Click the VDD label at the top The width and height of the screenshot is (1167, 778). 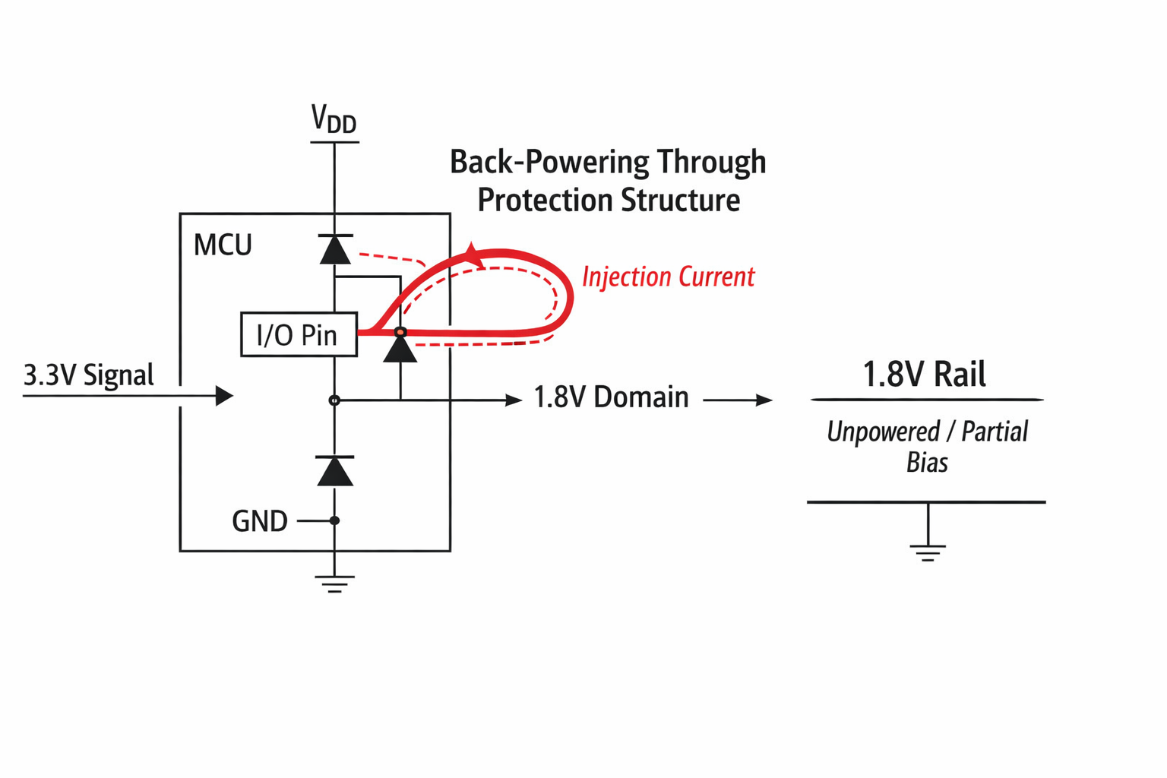point(334,120)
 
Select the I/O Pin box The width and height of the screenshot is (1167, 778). point(299,334)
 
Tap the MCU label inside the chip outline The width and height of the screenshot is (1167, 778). point(223,245)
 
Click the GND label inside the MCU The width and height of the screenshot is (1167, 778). point(259,521)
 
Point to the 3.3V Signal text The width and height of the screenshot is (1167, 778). point(89,375)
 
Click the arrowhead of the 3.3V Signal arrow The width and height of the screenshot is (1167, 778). point(224,396)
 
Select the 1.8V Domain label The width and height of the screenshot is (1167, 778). point(611,397)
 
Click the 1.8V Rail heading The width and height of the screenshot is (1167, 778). point(924,375)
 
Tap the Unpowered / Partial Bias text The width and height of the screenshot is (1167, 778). point(927,447)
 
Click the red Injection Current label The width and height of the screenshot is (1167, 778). point(668,277)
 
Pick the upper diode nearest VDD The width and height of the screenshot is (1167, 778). point(335,249)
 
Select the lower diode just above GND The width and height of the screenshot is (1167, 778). point(335,471)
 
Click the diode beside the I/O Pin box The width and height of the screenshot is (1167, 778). point(400,349)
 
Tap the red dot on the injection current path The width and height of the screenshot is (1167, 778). point(400,332)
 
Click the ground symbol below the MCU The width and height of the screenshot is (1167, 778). point(334,583)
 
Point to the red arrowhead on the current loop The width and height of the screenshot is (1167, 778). point(473,255)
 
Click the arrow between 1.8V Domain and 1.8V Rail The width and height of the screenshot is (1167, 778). point(738,400)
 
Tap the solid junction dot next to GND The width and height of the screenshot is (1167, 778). point(334,520)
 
